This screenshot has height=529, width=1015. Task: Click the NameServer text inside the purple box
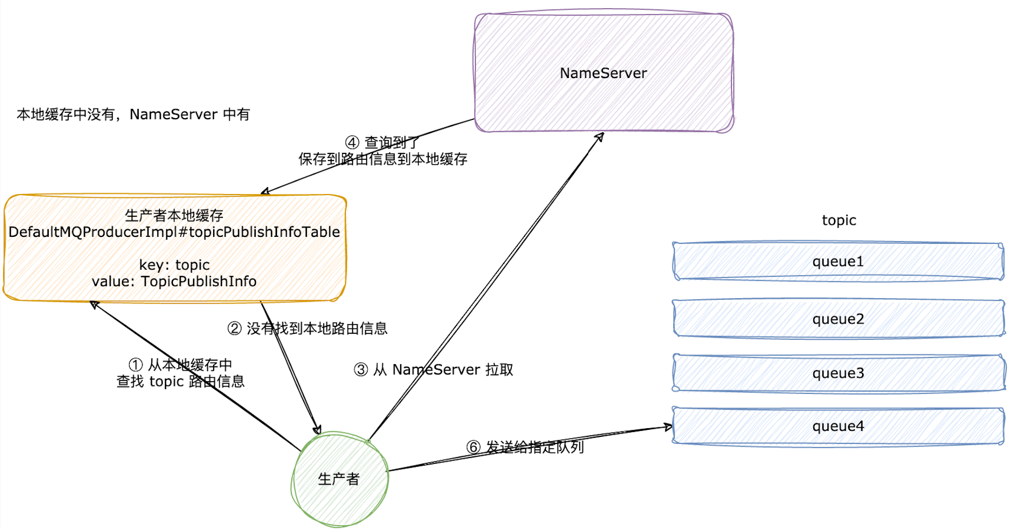tap(603, 73)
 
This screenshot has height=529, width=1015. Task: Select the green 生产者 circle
tap(340, 479)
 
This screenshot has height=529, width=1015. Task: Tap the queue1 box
tap(838, 261)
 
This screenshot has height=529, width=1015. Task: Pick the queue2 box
tap(838, 319)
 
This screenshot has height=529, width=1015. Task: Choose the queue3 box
tap(838, 373)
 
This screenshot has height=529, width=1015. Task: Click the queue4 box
tap(838, 426)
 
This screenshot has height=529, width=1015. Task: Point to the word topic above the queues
tap(839, 220)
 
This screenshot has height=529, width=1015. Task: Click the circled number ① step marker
tap(136, 365)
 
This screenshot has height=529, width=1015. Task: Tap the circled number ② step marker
tap(234, 328)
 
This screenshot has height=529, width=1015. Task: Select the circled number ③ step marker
tap(361, 370)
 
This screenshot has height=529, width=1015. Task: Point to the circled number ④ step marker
tap(352, 143)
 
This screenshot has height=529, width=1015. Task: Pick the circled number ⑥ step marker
tap(473, 447)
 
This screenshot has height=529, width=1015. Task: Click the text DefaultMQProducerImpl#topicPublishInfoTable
tap(174, 232)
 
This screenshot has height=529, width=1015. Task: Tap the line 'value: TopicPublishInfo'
tap(174, 281)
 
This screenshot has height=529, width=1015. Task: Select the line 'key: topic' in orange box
tap(174, 265)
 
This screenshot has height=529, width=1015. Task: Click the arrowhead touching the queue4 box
tap(669, 428)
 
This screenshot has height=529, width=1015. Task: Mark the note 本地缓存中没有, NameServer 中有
tap(133, 114)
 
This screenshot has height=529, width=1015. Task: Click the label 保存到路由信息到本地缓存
tap(383, 159)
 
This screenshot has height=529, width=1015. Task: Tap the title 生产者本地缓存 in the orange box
tap(174, 216)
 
